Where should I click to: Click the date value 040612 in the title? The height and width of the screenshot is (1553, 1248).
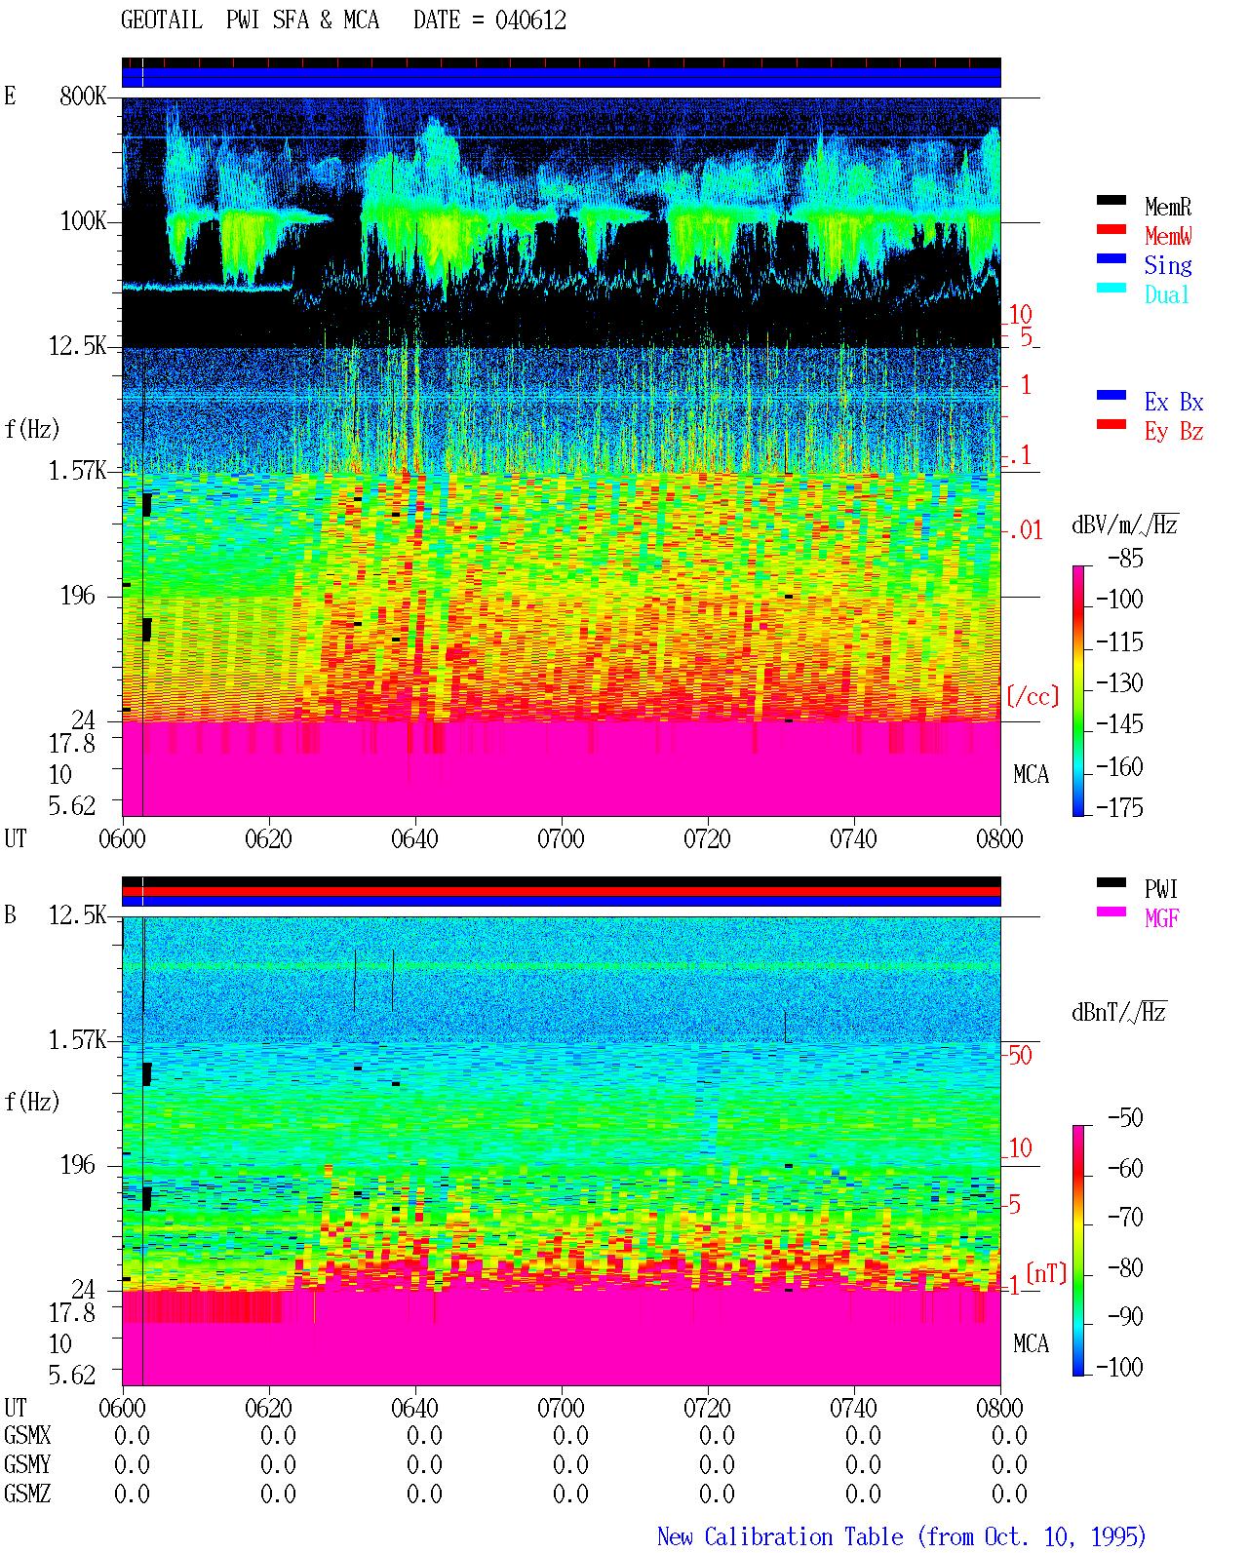point(529,20)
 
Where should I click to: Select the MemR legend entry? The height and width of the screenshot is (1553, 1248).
point(1167,207)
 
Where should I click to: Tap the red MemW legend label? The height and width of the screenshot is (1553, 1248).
point(1167,236)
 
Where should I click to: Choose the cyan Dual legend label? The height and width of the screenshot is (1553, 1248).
point(1166,294)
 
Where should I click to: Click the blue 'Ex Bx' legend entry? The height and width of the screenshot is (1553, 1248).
point(1173,402)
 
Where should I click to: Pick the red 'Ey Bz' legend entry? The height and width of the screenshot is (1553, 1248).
point(1173,432)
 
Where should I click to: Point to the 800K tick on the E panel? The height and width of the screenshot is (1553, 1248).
point(83,96)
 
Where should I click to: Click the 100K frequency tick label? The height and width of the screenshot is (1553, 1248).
point(83,221)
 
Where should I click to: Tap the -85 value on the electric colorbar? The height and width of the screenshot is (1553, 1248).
point(1126,559)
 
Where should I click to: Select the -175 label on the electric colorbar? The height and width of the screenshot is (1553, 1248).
point(1119,807)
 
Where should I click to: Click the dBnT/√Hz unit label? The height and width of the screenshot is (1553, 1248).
point(1118,1013)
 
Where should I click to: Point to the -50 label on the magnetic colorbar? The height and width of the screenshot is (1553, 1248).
point(1126,1118)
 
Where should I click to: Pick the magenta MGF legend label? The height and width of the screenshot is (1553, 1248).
point(1161,918)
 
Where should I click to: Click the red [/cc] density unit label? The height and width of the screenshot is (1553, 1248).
point(1033,696)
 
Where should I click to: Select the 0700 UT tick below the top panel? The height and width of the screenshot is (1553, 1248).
point(561,838)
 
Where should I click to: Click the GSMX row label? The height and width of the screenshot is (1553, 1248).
point(27,1435)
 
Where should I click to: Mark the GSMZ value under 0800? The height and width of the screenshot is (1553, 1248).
point(1009,1494)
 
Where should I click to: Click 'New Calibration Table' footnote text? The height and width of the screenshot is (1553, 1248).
point(780,1536)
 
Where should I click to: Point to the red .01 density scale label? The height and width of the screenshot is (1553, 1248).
point(1026,531)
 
